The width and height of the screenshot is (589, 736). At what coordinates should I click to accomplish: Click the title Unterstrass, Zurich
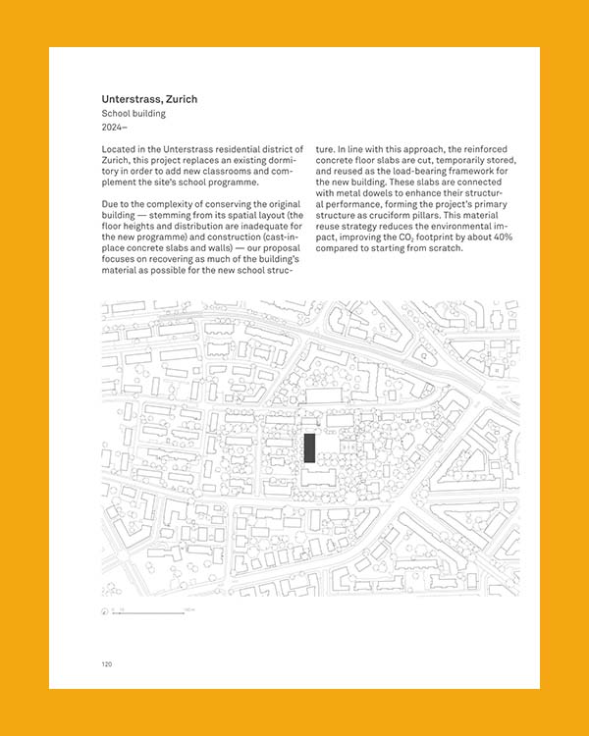(149, 99)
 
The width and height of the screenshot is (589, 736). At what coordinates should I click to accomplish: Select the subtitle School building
(134, 114)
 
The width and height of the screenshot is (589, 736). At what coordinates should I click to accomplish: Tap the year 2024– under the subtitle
(116, 128)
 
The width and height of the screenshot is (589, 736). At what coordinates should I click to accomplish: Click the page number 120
(106, 664)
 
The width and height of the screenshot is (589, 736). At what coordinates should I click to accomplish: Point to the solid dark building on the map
(309, 447)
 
